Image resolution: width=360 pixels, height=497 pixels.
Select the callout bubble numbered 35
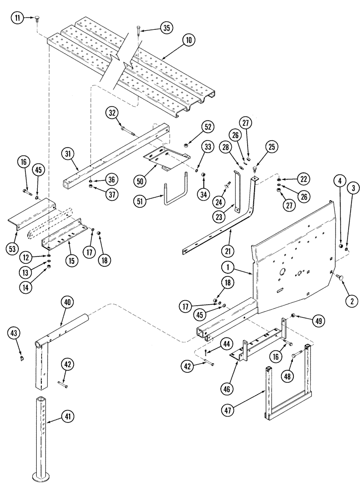[167, 28]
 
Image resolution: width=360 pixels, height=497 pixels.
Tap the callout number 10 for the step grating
[188, 42]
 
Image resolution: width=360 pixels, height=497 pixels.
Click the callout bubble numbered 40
[67, 302]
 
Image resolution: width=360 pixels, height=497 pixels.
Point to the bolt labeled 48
[296, 354]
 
